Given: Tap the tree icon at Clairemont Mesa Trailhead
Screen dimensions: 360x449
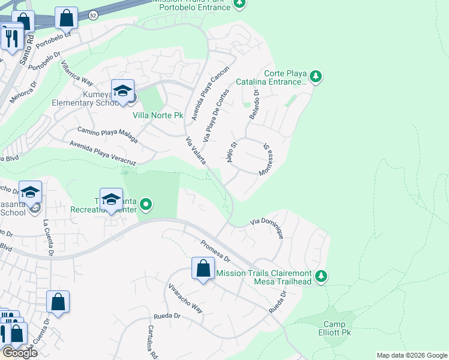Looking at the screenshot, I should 322,275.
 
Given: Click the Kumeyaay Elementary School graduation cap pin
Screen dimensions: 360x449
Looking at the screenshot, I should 123,91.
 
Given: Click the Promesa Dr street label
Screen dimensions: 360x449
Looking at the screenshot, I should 215,251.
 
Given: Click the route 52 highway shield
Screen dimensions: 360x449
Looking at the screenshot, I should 92,14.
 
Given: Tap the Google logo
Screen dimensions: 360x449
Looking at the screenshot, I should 20,353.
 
